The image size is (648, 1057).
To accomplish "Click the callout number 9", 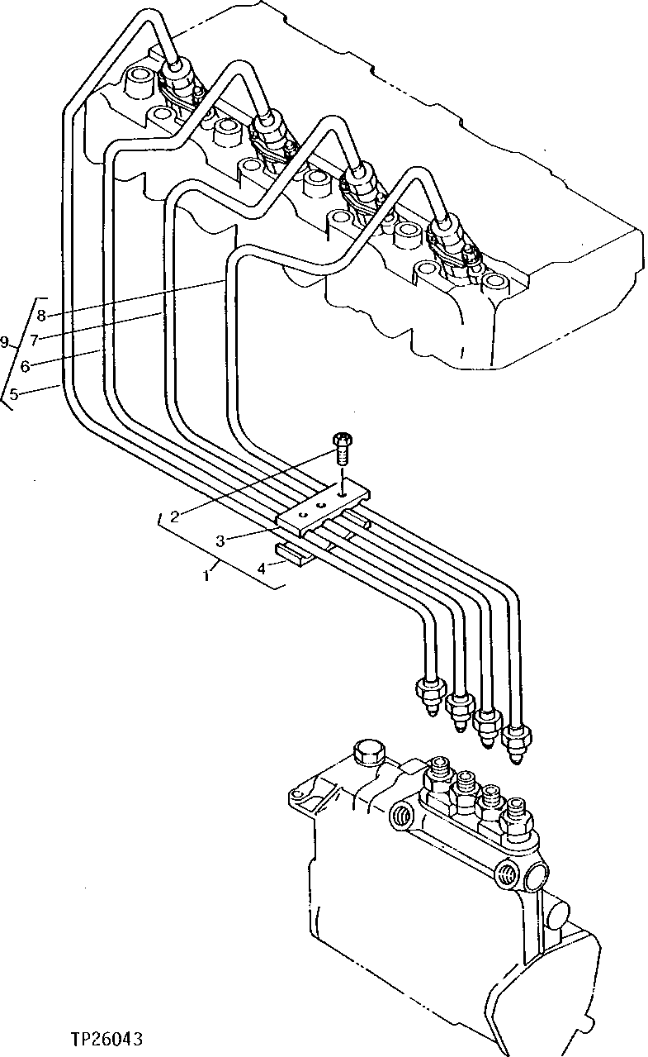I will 6,341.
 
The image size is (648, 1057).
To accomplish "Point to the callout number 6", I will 26,364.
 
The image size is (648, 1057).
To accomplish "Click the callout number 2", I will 174,517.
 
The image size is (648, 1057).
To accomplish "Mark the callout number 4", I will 261,569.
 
